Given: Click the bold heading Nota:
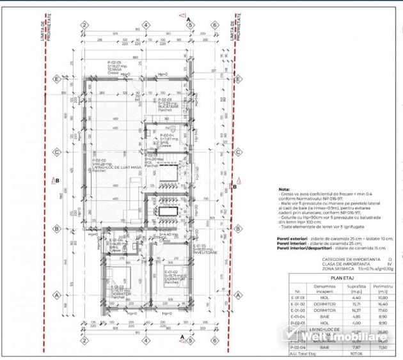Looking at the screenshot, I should (x=284, y=190).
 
